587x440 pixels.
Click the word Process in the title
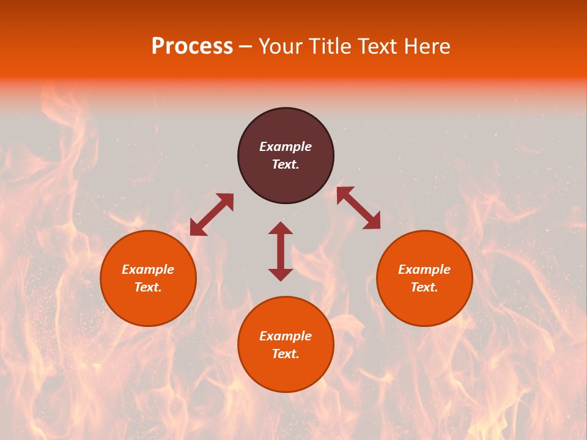click(x=192, y=46)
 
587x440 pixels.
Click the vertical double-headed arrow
click(x=281, y=251)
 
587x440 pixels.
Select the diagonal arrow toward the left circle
click(x=212, y=215)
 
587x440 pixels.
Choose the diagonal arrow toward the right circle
click(x=358, y=208)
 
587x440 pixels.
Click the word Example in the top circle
click(x=286, y=147)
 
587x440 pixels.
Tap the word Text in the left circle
click(x=148, y=287)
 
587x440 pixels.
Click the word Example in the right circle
click(x=424, y=269)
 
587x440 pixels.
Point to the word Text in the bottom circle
click(x=286, y=354)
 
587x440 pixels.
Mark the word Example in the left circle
click(x=148, y=269)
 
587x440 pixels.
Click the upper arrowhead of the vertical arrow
click(x=281, y=228)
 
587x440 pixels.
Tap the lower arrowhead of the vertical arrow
click(x=281, y=274)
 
